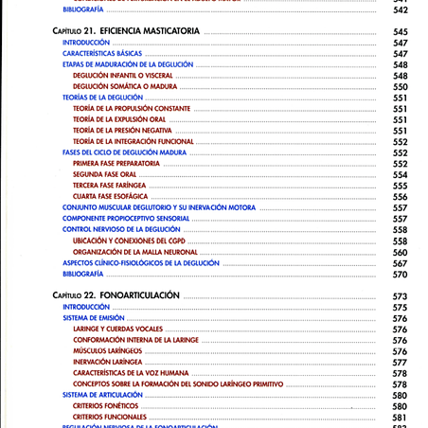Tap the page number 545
coord(400,32)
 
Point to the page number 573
coord(400,296)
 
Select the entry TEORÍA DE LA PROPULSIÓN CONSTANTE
coord(131,109)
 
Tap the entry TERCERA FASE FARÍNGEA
coord(109,186)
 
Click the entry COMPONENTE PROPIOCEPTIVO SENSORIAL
coord(127,219)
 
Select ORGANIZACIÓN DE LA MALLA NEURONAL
coord(134,252)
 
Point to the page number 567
coord(400,263)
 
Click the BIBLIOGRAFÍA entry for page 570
coord(82,274)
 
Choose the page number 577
coord(400,362)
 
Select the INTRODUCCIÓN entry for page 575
coord(86,308)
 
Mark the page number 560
coord(400,252)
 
